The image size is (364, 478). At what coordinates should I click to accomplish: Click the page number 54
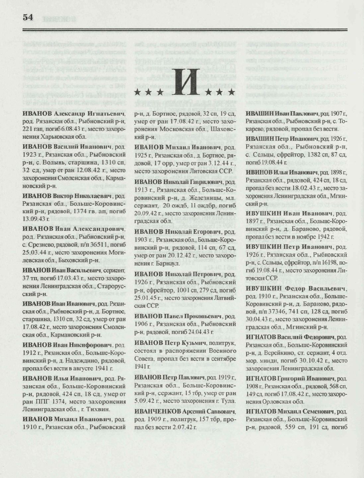28,18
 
